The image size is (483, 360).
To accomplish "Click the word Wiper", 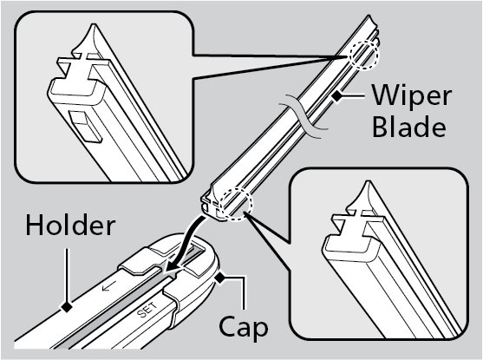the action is [412, 96].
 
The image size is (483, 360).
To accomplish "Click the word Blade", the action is [409, 126].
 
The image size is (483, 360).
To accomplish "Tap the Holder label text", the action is [70, 226].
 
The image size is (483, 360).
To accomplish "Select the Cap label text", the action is [244, 328].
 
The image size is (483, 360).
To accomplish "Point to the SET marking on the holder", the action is [147, 310].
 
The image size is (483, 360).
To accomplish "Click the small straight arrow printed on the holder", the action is [109, 286].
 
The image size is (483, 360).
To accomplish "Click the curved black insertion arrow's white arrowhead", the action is [170, 266].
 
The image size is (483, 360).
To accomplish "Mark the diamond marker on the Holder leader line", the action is [66, 306].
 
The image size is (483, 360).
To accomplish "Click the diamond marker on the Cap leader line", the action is [220, 278].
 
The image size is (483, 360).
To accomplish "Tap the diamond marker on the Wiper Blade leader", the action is [337, 96].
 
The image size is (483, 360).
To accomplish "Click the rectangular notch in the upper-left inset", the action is [85, 127].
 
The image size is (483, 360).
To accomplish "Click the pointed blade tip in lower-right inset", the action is [367, 183].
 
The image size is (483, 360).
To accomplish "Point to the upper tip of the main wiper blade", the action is [369, 17].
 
